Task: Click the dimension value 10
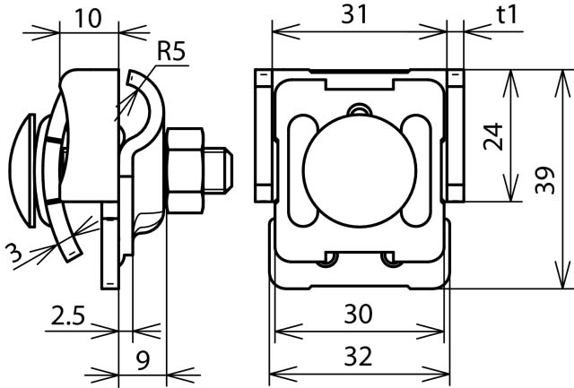coord(88,18)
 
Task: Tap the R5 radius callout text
coord(171,51)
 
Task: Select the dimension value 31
coord(354,15)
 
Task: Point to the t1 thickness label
coord(507,15)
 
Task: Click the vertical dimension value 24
coord(493,137)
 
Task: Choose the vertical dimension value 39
coord(545,180)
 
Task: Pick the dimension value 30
coord(359,314)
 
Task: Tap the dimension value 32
coord(359,357)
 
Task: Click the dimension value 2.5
coord(68,316)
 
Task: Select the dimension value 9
coord(143,360)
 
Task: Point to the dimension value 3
coord(14,253)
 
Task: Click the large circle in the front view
coord(360,171)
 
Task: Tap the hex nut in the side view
coord(186,170)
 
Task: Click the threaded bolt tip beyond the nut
coord(218,170)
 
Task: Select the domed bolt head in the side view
coord(22,170)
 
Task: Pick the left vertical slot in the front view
coord(303,171)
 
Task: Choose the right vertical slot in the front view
coord(416,171)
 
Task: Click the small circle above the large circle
coord(360,110)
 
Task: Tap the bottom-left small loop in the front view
coord(327,259)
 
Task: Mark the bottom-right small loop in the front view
coord(391,259)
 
